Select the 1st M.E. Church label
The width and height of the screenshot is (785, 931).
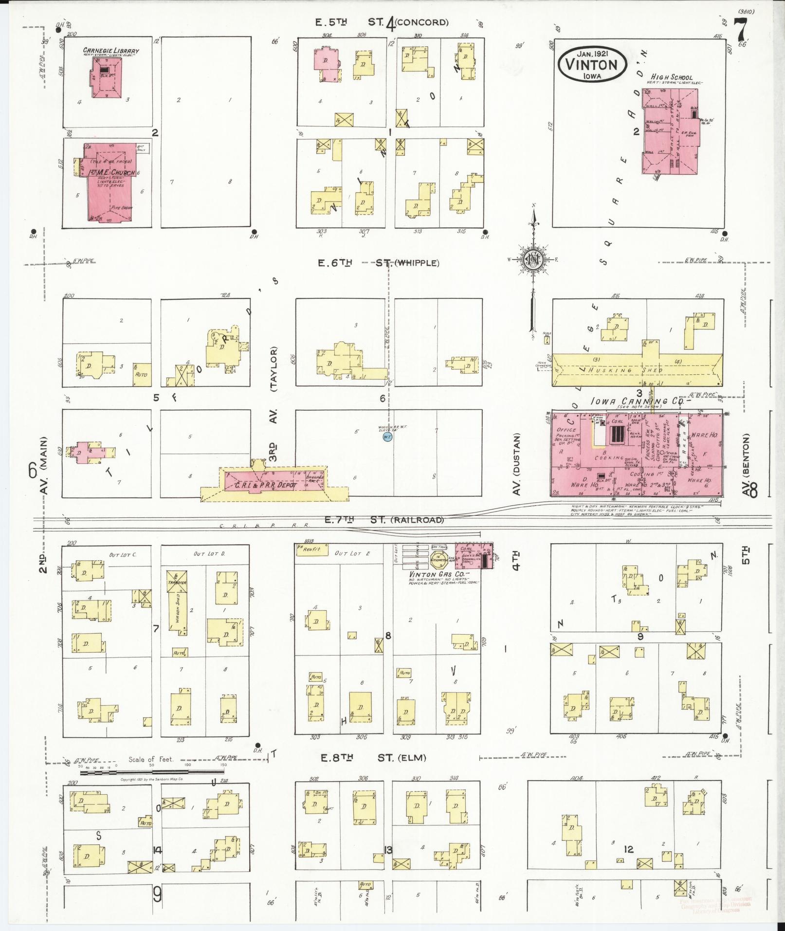[x=111, y=173]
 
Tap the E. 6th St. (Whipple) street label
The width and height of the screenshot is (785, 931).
[x=378, y=263]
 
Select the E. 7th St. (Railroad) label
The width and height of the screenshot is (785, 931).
[x=383, y=520]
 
